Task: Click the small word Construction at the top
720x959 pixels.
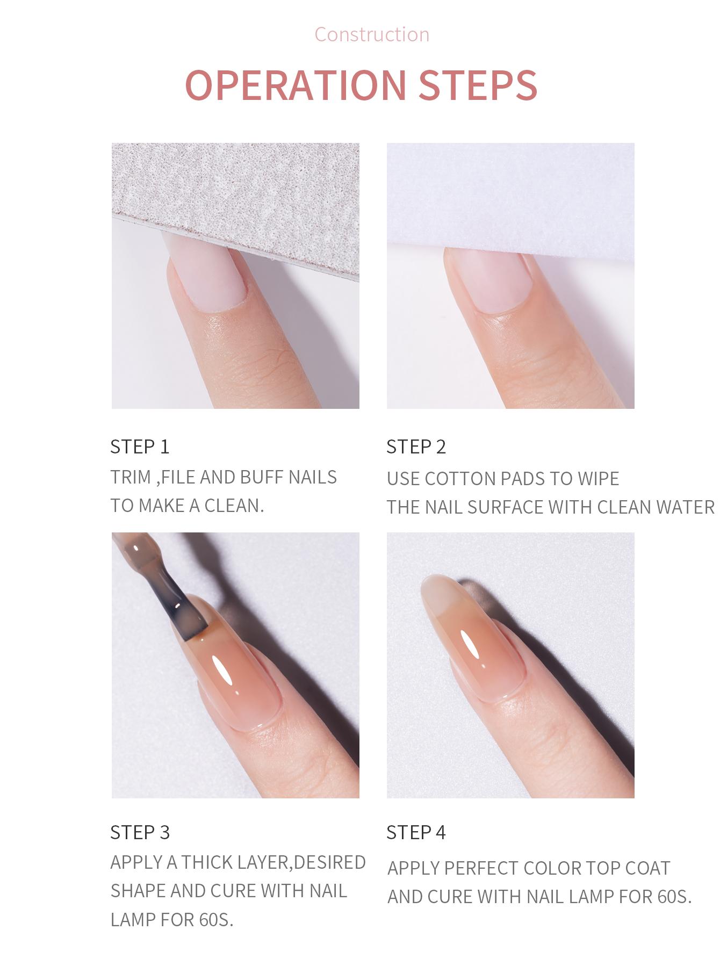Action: [372, 34]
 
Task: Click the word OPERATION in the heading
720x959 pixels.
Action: [296, 84]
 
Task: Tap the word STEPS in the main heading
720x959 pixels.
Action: [478, 84]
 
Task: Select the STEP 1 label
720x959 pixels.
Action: [140, 446]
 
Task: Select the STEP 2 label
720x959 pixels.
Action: [416, 446]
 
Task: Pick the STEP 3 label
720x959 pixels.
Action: [140, 832]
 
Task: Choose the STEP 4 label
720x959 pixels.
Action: [416, 832]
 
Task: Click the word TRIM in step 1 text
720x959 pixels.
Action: [131, 477]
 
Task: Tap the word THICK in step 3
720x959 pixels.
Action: [208, 862]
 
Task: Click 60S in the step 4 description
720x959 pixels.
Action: [674, 897]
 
